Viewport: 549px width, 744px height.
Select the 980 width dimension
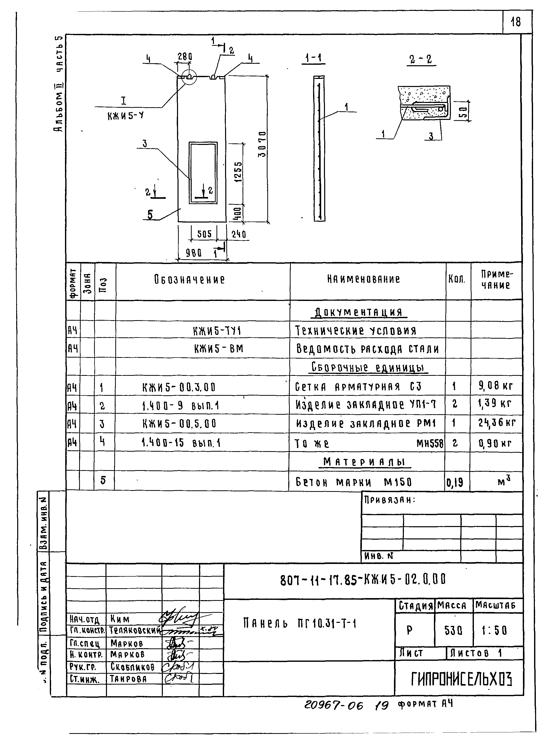194,253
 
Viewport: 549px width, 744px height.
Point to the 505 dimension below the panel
204,234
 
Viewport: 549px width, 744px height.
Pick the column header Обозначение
189,279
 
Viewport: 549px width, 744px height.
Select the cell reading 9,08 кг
495,385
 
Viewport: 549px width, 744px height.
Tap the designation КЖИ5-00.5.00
180,424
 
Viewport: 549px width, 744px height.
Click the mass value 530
453,630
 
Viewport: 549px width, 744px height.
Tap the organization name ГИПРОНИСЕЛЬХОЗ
461,679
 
